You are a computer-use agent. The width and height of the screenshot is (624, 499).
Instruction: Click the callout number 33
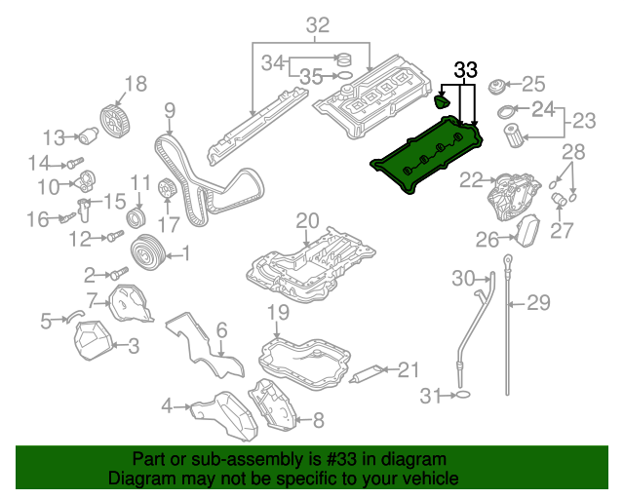point(467,70)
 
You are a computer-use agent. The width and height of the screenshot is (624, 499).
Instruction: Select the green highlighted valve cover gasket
point(429,156)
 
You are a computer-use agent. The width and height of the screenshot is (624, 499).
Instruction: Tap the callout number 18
point(136,84)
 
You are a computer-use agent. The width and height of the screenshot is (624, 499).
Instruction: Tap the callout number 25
point(535,84)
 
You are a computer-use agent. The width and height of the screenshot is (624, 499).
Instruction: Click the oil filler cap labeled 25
point(499,88)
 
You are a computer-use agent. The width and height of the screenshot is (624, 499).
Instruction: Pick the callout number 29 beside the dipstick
point(539,303)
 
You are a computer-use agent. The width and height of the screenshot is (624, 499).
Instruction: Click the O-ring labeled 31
point(465,395)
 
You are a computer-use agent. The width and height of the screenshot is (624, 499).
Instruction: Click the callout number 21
point(408,368)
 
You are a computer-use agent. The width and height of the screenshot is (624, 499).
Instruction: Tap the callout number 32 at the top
point(318,26)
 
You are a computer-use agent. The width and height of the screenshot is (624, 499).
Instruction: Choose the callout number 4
point(167,404)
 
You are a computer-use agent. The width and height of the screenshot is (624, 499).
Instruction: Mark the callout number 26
point(487,239)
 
